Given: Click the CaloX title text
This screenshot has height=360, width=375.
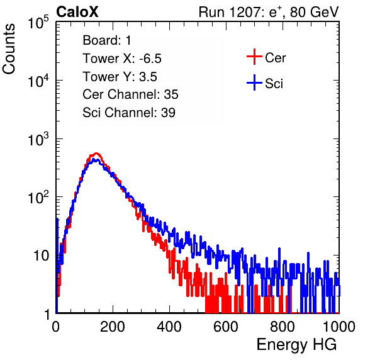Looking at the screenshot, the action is tap(77, 12).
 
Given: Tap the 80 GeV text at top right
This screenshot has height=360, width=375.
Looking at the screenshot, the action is tap(314, 12).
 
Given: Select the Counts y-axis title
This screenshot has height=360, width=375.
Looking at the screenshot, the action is tap(9, 49).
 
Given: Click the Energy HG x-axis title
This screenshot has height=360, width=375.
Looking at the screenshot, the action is tap(296, 345).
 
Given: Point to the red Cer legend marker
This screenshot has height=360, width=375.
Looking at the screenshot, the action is tap(254, 57).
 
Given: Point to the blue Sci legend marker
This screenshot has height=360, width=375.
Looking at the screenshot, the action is tap(254, 83).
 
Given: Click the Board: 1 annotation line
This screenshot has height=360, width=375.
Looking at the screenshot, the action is tap(107, 40).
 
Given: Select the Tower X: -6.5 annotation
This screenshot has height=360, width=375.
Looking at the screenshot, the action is tap(122, 59).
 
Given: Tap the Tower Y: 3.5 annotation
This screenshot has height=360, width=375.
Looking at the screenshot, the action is tap(120, 77).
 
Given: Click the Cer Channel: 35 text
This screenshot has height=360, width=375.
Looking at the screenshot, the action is tap(130, 94).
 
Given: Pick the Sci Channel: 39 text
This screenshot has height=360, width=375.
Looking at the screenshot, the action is tap(129, 113).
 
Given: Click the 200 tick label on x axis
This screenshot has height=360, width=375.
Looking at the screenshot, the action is tap(113, 327).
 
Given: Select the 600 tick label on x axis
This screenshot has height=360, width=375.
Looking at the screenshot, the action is tap(226, 327).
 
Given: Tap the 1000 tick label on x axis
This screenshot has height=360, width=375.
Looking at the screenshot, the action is tap(339, 327).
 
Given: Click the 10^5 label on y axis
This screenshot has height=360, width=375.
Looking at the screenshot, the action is tap(38, 23).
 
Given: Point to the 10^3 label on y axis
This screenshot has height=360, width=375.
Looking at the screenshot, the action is tap(38, 140).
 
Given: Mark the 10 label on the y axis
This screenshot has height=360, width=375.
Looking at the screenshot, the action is tap(41, 256).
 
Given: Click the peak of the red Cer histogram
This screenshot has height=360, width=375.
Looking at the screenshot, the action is tap(96, 153).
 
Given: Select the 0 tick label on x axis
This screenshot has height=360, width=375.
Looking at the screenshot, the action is tap(56, 327).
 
